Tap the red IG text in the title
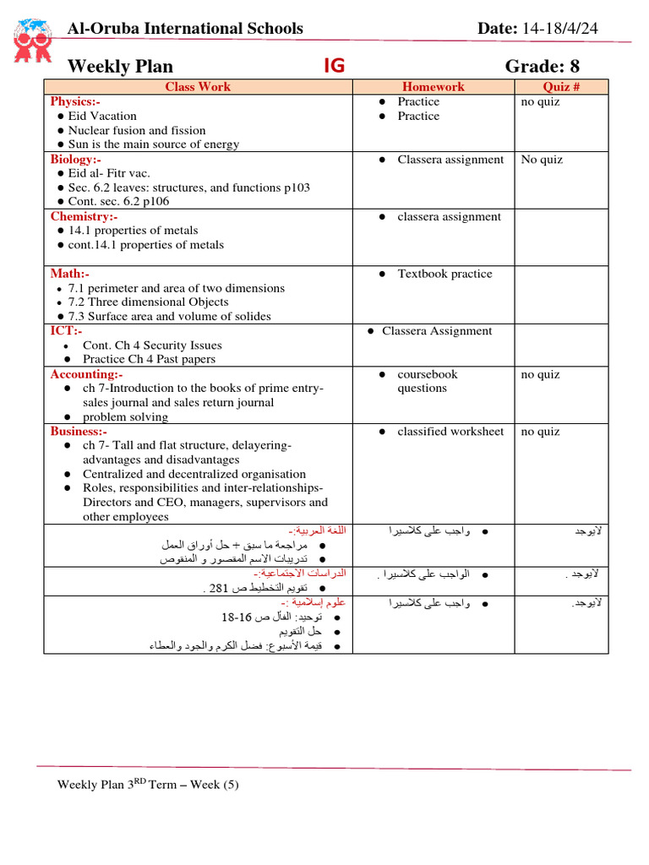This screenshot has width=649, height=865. [335, 66]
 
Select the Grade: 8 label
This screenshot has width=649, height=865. [543, 67]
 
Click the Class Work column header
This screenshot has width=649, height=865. [197, 87]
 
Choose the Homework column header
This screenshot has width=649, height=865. [433, 87]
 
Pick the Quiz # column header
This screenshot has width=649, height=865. [561, 87]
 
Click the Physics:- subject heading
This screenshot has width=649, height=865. [75, 101]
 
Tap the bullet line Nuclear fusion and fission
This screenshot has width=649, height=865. [136, 130]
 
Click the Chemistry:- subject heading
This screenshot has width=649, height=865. [82, 216]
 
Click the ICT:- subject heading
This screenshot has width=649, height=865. [66, 331]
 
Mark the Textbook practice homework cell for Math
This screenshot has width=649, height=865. [445, 274]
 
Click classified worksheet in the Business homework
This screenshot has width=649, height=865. [450, 432]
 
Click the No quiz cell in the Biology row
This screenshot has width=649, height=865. [541, 159]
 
